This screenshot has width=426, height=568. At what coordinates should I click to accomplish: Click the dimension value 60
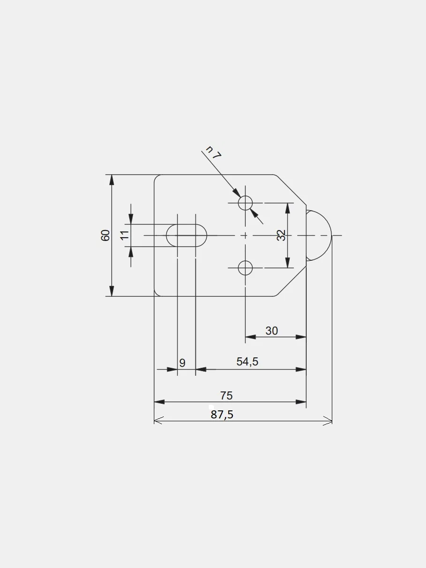point(105,235)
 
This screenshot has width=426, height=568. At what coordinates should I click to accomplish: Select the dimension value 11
point(125,235)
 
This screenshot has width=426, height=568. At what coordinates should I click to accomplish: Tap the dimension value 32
point(282,235)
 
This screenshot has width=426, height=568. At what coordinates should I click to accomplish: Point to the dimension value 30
point(272,331)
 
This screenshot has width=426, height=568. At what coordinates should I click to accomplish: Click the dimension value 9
point(182,363)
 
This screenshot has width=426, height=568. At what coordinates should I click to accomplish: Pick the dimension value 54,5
point(247,362)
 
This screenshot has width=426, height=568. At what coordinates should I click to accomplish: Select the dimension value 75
point(226,396)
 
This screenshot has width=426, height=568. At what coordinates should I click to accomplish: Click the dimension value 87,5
point(222,415)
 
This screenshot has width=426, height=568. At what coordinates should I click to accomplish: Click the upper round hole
point(245,203)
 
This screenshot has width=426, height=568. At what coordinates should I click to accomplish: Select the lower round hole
point(245,268)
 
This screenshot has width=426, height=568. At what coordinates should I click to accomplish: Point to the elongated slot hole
point(187,235)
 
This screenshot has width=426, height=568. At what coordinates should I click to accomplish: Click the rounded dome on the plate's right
point(318,235)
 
